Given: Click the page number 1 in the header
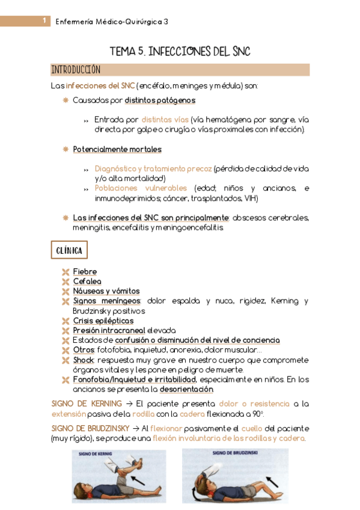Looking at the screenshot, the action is (x=44, y=22).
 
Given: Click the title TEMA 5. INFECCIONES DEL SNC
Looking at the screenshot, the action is (x=179, y=52).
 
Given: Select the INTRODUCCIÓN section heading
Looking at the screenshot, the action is (x=76, y=70).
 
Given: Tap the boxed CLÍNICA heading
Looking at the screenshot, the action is (x=70, y=250).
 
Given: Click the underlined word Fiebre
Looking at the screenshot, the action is (x=85, y=272).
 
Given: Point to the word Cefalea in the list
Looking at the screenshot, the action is (x=87, y=281).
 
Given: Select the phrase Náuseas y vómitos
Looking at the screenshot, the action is (x=106, y=291).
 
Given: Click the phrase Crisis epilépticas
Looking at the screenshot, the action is (x=103, y=321).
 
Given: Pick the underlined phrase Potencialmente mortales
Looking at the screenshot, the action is (x=117, y=149).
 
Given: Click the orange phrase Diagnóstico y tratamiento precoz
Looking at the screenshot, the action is (x=153, y=169).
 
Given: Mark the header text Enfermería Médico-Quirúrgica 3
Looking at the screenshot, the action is (x=112, y=22).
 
